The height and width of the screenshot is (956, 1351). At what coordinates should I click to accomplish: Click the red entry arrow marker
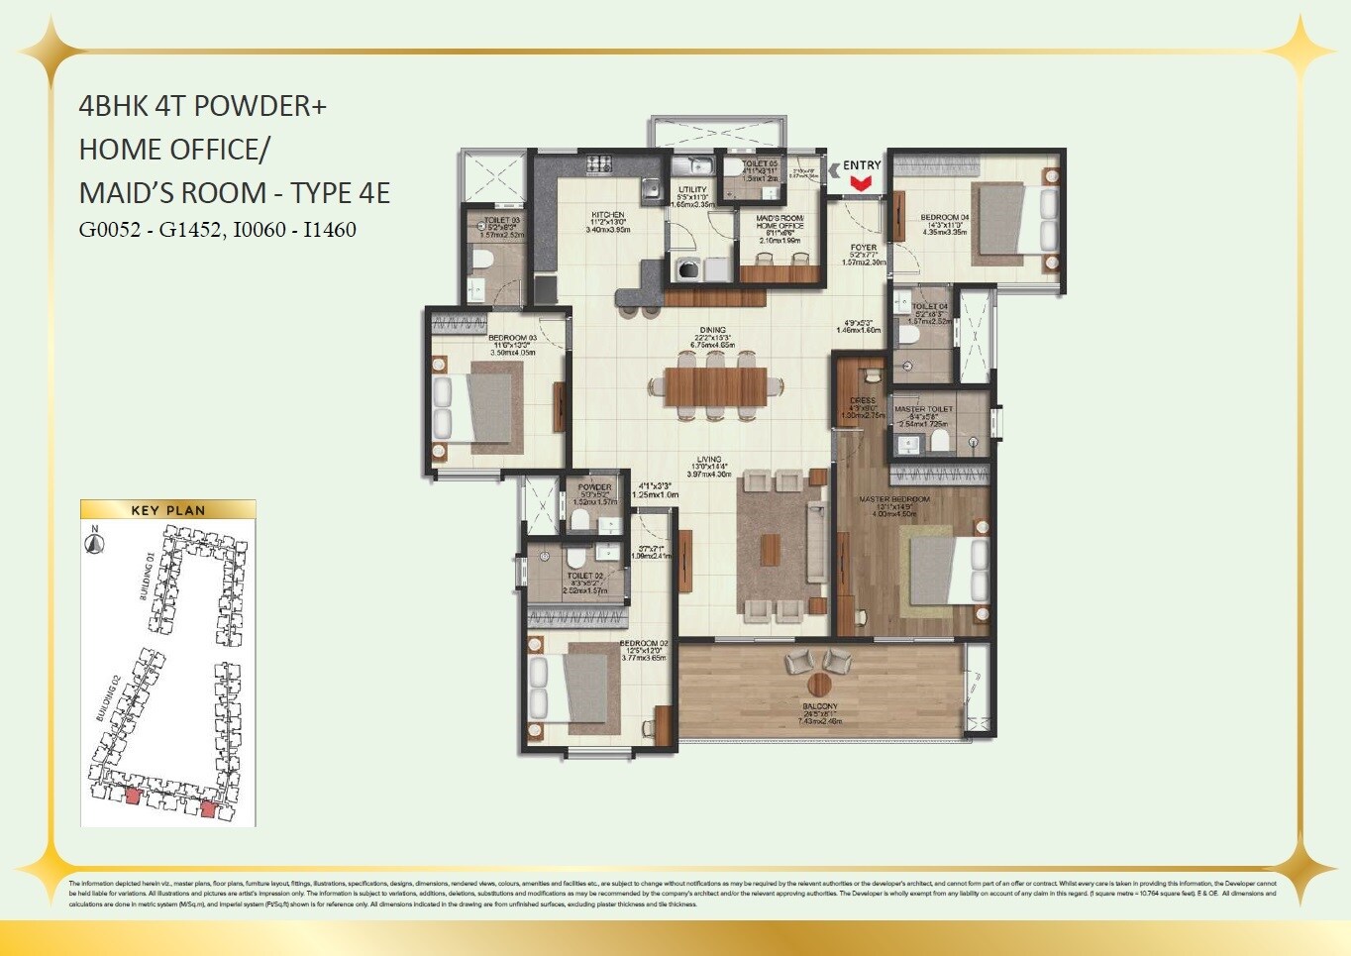click(x=861, y=182)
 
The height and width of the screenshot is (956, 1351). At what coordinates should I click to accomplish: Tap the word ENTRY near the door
click(x=862, y=165)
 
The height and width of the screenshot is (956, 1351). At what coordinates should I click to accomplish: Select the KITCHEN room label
click(x=608, y=215)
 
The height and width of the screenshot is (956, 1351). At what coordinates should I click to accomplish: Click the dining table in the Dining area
click(x=715, y=386)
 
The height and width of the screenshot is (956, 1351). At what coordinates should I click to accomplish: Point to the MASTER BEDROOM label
click(x=894, y=499)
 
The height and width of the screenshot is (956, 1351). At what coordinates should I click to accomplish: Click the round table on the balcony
click(x=819, y=684)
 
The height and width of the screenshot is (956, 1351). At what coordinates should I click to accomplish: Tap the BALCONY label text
click(x=819, y=706)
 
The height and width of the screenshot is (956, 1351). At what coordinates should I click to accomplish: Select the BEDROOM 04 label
click(x=944, y=217)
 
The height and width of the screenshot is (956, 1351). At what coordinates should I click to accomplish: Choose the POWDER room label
click(x=594, y=486)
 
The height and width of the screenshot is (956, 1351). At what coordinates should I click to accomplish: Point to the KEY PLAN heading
click(x=167, y=510)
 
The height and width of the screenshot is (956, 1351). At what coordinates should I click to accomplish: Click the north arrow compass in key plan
click(x=95, y=543)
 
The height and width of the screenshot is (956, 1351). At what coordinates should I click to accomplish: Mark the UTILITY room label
click(x=692, y=189)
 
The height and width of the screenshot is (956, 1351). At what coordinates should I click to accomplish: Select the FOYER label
click(x=864, y=248)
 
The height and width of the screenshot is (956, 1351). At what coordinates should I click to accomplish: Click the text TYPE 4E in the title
click(x=340, y=192)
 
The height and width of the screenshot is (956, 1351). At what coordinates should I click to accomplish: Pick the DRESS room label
click(x=863, y=400)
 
